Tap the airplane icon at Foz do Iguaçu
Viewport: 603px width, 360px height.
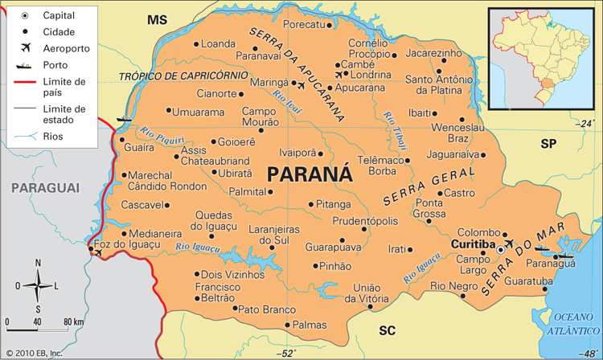pos(99,253)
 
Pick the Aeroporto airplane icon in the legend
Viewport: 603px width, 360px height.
pos(26,48)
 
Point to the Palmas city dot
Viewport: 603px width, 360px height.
pos(288,325)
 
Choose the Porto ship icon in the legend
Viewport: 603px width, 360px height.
pos(26,65)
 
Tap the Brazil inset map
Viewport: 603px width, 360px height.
pos(541,58)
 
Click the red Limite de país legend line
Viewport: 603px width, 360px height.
pos(26,83)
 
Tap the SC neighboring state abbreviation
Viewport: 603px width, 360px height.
pos(388,329)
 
